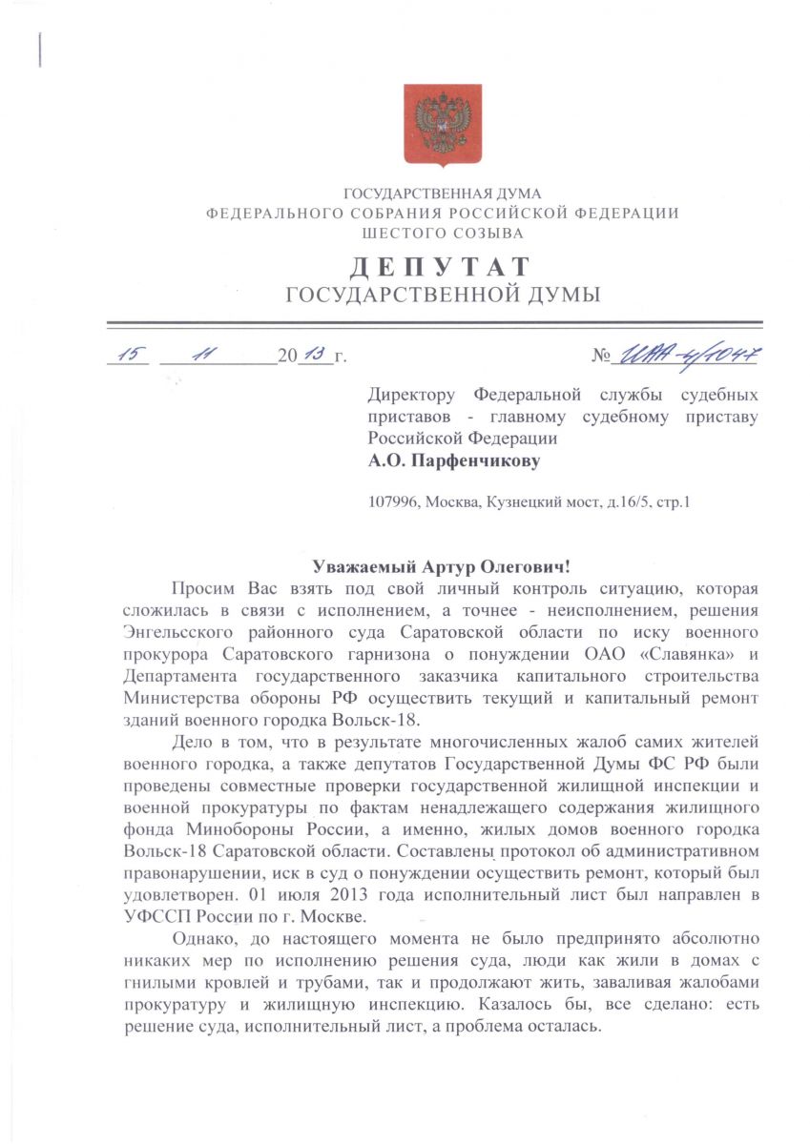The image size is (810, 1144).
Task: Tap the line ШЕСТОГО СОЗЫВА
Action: [443, 233]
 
